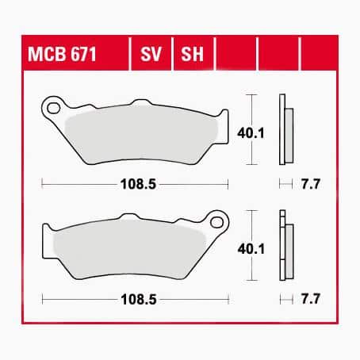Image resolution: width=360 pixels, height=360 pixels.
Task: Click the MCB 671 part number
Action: (x=62, y=54)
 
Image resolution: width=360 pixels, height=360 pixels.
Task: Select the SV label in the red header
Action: (x=151, y=54)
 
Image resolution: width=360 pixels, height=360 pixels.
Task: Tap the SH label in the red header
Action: (x=192, y=54)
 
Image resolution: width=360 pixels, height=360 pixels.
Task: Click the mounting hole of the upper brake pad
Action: (x=53, y=108)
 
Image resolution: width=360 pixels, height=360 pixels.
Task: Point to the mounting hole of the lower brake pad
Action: (x=217, y=222)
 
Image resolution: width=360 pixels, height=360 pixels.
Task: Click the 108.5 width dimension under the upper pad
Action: (x=138, y=184)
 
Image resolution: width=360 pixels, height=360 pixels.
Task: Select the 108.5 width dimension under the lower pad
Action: (x=139, y=300)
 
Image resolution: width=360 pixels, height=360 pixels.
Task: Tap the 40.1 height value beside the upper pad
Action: (x=251, y=133)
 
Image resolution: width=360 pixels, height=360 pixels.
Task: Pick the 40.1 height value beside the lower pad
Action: (x=251, y=249)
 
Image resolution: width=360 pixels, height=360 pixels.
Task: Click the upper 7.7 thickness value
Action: (x=311, y=184)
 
